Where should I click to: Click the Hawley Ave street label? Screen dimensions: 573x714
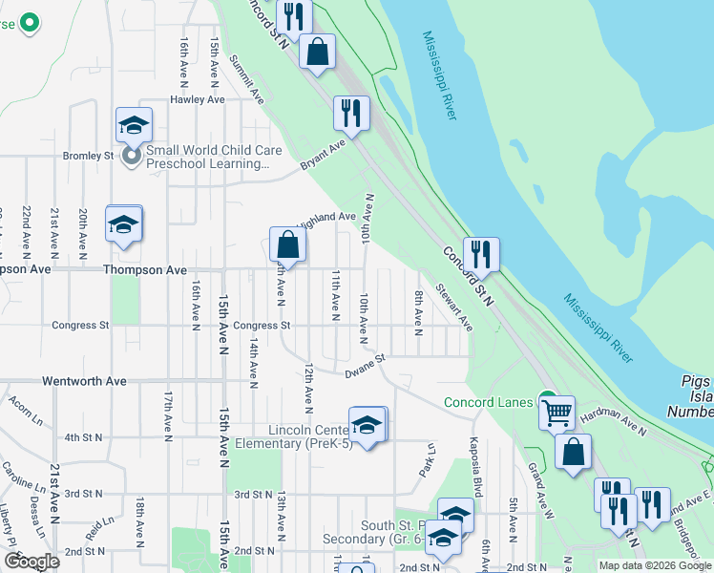[x=198, y=99]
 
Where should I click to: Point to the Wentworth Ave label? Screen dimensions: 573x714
[x=84, y=381]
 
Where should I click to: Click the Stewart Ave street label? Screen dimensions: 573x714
[x=455, y=306]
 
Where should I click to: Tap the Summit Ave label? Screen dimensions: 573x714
[x=246, y=78]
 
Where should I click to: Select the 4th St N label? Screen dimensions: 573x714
[x=83, y=437]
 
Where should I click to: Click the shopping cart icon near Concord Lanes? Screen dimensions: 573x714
[x=556, y=413]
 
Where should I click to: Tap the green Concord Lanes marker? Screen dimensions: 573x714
[x=547, y=400]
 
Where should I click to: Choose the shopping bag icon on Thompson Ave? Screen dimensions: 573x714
[x=287, y=245]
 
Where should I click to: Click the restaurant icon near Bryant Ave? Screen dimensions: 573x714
[x=351, y=113]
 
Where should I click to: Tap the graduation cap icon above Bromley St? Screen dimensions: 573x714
[x=134, y=124]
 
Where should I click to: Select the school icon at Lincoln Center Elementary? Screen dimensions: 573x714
[x=367, y=424]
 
